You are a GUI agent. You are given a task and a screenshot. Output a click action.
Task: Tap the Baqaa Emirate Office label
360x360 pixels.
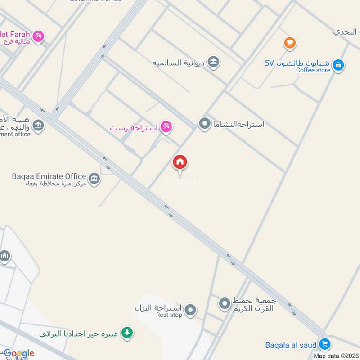(x=49, y=176)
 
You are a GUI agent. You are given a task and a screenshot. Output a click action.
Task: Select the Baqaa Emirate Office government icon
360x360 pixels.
(x=94, y=179)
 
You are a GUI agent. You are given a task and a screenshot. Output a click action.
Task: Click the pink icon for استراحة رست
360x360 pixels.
(x=166, y=128)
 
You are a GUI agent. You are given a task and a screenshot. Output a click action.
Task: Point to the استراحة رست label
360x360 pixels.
(x=134, y=128)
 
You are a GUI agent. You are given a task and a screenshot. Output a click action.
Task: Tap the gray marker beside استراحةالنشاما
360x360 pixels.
(x=205, y=124)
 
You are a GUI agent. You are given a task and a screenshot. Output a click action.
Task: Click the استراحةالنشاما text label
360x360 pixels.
(x=239, y=124)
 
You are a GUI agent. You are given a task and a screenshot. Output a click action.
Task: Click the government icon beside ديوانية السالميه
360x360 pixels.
(x=214, y=63)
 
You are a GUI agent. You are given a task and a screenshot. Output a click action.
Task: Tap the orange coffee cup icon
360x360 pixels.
(x=289, y=43)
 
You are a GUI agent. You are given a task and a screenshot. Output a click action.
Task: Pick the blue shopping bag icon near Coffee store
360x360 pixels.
(x=339, y=66)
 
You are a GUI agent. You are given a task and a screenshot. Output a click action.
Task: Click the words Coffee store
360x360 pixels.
(x=313, y=70)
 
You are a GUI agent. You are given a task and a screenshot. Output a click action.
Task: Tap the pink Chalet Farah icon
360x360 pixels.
(x=38, y=36)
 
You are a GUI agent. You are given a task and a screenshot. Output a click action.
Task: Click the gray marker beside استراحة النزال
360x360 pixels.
(x=191, y=310)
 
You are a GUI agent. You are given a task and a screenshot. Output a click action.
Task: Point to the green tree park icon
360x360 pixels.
(x=128, y=333)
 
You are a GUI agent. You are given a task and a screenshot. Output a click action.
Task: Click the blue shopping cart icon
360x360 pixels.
(x=324, y=345)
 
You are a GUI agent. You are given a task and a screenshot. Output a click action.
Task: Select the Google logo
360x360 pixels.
(x=19, y=353)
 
